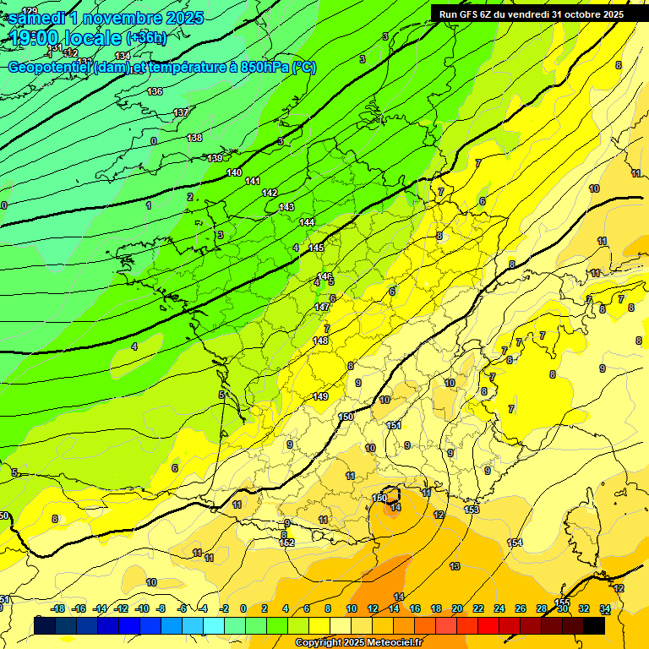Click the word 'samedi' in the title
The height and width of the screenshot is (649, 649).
pos(36,17)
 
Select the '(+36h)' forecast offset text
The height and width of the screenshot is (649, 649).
pos(146,38)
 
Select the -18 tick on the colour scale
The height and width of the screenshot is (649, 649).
pos(57,608)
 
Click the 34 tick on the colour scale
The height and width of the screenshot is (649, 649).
pos(605,608)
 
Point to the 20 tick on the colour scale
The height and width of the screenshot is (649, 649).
pos(457,608)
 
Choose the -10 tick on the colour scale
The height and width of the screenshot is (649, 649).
pos(142,608)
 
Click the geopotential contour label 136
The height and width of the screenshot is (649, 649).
pos(155,91)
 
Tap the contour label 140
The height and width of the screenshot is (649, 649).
pos(234,172)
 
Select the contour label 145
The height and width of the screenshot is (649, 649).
pos(316,248)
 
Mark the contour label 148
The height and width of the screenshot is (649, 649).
pos(320,341)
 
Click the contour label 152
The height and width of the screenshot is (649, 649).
pos(287,543)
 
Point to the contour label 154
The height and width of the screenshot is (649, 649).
pos(515,543)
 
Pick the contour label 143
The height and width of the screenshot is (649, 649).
pos(286,207)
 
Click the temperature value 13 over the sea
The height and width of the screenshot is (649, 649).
pos(455,566)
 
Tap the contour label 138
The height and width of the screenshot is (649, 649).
pos(194,138)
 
